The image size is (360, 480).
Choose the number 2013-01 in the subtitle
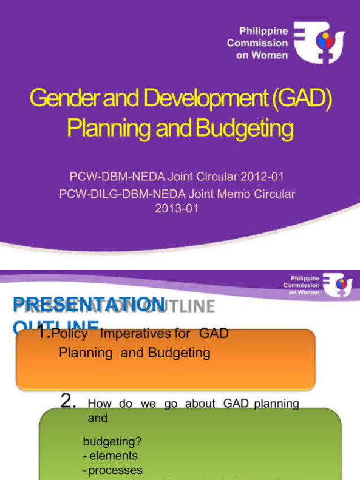(177, 209)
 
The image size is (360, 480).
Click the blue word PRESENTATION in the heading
(88, 305)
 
